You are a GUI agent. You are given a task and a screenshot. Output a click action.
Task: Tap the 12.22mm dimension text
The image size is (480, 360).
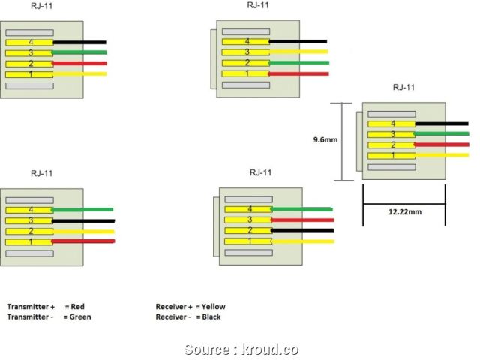(404, 212)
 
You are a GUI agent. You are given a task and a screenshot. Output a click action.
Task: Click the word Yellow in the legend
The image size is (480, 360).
(213, 307)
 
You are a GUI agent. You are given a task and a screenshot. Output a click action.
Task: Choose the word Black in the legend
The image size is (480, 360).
(211, 316)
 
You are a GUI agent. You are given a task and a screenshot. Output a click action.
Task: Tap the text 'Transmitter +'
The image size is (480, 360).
(31, 307)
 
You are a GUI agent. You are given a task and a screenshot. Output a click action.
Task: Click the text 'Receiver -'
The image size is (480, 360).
(173, 316)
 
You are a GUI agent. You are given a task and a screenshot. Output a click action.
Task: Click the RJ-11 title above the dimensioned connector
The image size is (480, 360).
(403, 88)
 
